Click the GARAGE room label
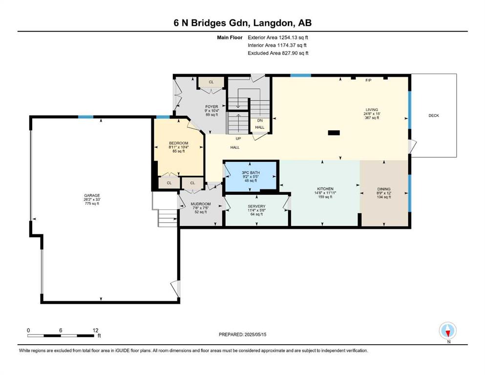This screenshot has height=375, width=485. (92, 195)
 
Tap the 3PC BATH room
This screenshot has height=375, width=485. (251, 177)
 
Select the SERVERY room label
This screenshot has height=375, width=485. (256, 206)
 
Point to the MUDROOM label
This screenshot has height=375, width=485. (200, 204)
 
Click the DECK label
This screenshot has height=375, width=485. (434, 116)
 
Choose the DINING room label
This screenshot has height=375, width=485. (383, 189)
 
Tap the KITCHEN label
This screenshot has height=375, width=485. (325, 188)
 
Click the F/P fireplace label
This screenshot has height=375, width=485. (368, 81)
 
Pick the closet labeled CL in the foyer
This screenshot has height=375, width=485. (211, 82)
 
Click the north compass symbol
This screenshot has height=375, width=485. (448, 331)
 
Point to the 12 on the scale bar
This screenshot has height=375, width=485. (95, 330)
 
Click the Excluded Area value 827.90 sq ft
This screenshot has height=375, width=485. (295, 53)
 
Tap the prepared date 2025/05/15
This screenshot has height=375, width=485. (255, 334)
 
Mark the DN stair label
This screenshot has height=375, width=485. (260, 121)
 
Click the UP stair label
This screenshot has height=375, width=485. (238, 139)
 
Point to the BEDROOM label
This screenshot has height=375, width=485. (178, 143)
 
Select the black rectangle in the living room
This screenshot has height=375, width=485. (334, 133)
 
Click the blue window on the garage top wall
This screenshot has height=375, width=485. (85, 117)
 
